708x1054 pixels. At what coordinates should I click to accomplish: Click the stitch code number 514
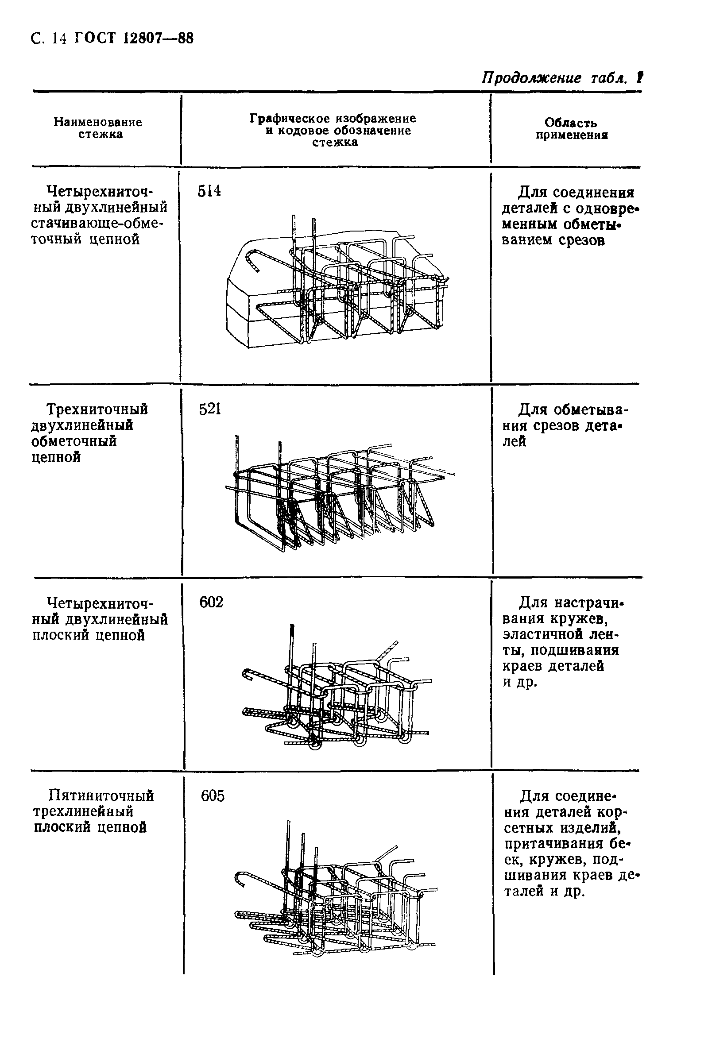[x=209, y=191]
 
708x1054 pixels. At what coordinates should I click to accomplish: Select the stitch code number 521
[x=210, y=409]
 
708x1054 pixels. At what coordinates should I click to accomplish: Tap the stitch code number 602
[x=211, y=602]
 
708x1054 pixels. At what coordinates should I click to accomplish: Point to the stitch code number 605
[x=212, y=796]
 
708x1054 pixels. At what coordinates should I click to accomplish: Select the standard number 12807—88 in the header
[x=158, y=39]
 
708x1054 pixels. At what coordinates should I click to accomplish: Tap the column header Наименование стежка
[x=98, y=128]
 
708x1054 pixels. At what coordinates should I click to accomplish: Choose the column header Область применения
[x=571, y=129]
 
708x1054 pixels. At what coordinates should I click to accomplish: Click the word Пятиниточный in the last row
[x=101, y=795]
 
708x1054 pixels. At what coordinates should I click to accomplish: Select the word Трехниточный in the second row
[x=97, y=409]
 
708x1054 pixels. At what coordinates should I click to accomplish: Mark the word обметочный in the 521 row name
[x=74, y=441]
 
